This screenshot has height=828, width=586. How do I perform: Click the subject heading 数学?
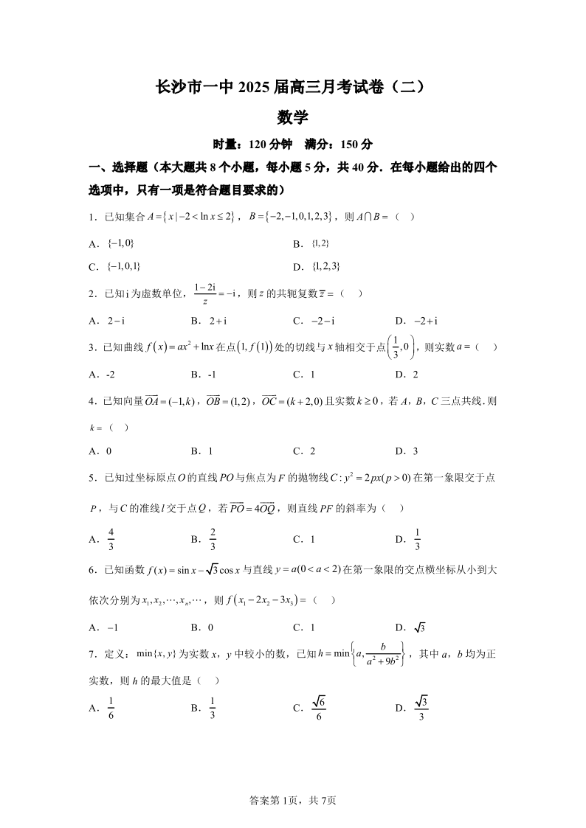[x=292, y=116]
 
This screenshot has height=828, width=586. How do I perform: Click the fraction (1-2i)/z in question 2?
[x=204, y=293]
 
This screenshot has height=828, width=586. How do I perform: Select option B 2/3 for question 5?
[x=213, y=539]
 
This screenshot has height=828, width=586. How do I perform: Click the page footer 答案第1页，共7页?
[x=293, y=800]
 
